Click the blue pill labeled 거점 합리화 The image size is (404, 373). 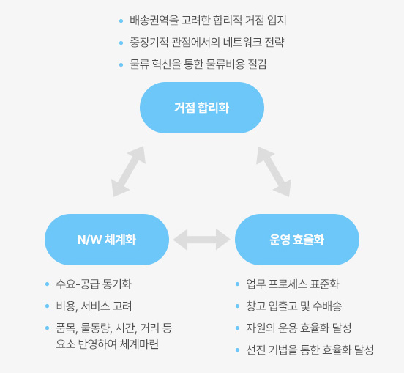(x=202, y=108)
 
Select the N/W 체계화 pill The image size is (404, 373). (x=107, y=240)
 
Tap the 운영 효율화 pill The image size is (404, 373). (x=297, y=240)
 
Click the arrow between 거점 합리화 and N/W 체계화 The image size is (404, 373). (x=129, y=171)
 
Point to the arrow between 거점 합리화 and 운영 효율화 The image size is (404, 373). (x=274, y=171)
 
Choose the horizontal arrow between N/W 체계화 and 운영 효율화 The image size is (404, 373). (x=202, y=240)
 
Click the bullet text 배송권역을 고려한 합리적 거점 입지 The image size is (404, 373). (x=208, y=21)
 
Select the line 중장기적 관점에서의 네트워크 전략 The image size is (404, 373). (x=207, y=43)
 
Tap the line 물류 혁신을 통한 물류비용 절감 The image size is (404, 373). (x=198, y=64)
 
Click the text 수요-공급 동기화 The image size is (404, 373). (x=94, y=284)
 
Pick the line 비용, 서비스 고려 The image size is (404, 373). (x=94, y=306)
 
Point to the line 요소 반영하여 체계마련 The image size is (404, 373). (x=107, y=344)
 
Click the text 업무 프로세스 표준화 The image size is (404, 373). (x=293, y=284)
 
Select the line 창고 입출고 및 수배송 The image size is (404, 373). (x=294, y=306)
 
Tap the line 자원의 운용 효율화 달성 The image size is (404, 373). (x=299, y=328)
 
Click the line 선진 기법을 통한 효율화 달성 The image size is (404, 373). (x=310, y=350)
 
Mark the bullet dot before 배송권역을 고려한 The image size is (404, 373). (x=121, y=21)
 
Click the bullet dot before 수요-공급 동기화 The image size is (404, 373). (x=47, y=284)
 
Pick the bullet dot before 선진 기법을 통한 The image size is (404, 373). (x=238, y=350)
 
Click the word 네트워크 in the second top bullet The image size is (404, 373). (x=242, y=43)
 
